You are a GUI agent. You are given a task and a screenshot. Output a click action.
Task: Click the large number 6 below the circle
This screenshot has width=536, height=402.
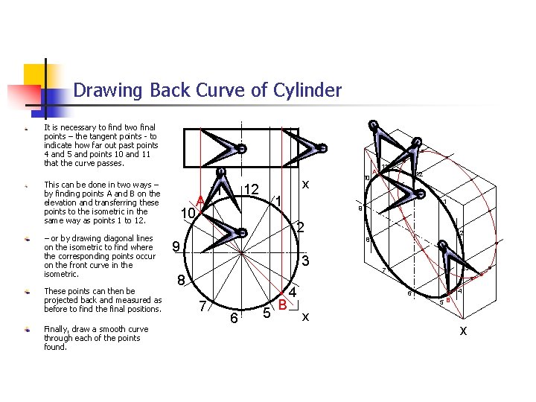(x=234, y=318)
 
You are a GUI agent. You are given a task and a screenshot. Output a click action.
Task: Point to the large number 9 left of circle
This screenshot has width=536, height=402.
(x=174, y=246)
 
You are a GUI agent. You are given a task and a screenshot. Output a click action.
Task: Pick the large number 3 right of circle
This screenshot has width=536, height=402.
(x=304, y=261)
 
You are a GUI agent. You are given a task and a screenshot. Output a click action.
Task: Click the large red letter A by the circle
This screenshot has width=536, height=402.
(x=200, y=200)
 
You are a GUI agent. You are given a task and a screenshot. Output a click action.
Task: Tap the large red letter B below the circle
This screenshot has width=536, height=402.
(x=282, y=304)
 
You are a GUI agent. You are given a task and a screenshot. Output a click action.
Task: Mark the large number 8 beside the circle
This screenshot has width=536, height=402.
(x=180, y=281)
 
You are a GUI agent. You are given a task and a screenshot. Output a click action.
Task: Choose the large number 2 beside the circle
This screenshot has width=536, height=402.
(x=301, y=228)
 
